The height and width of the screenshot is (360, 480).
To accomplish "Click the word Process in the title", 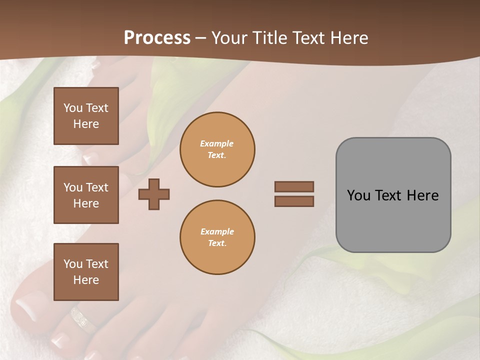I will point(157,38).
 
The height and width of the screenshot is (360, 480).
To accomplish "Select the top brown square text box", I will point(86,116).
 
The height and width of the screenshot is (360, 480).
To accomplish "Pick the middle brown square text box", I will point(86,195).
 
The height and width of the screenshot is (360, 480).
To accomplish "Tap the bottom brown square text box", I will point(86,271).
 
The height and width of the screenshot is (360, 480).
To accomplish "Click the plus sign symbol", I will point(154,194).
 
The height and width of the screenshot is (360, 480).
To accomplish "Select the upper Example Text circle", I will point(217,149).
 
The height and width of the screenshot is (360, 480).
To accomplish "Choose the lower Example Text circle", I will point(217,237).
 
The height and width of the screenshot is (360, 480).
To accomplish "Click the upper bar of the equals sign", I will point(294,187).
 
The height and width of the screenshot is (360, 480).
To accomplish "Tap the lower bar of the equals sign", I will point(294,201).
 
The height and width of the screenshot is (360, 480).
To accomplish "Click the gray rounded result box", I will point(393,220).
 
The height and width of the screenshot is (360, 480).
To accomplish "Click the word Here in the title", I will point(347,38).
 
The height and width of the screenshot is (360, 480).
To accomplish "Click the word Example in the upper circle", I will point(217,143).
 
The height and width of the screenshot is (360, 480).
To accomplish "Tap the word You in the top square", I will point(73,108).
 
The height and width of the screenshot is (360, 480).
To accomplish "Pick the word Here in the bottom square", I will point(86,280).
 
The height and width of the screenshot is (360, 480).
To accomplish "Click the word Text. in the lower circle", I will point(217,243).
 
